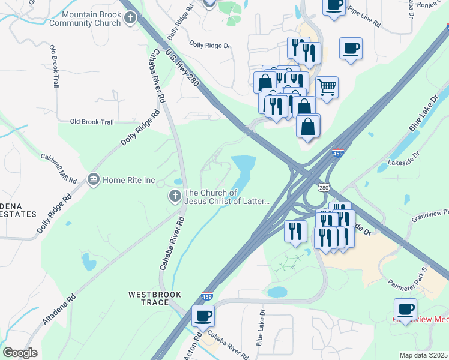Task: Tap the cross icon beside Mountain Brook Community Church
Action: click(x=130, y=19)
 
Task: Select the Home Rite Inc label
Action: click(x=129, y=179)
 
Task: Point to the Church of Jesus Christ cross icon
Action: click(x=175, y=196)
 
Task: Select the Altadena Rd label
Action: click(x=58, y=310)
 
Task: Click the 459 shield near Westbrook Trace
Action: click(x=206, y=296)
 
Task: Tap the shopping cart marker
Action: click(x=327, y=87)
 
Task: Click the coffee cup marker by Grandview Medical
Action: click(x=406, y=310)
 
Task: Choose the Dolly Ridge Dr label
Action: click(x=209, y=45)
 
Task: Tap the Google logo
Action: click(x=20, y=353)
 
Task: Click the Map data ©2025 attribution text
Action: click(x=423, y=355)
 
